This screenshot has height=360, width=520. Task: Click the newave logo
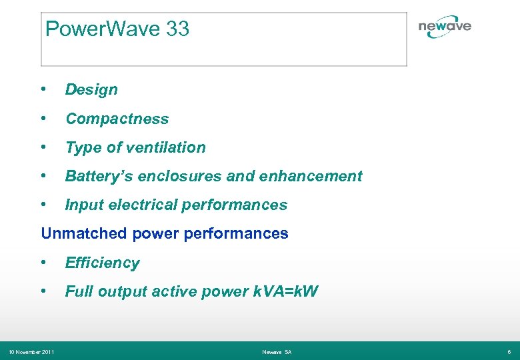(444, 27)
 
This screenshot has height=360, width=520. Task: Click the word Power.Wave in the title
(103, 29)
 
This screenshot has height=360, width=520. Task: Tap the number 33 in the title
(178, 29)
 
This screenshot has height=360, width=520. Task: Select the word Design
(91, 90)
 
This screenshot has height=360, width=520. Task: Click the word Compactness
(117, 119)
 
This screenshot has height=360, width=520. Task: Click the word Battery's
(93, 176)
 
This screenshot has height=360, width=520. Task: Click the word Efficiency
(102, 263)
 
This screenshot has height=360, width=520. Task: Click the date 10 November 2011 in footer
(31, 351)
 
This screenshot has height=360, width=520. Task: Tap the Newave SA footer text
(277, 351)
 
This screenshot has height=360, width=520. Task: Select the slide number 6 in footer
(509, 351)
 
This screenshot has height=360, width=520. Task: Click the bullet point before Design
(43, 89)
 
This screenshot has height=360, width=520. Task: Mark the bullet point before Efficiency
(43, 263)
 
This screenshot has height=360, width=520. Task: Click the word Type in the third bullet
(81, 148)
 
